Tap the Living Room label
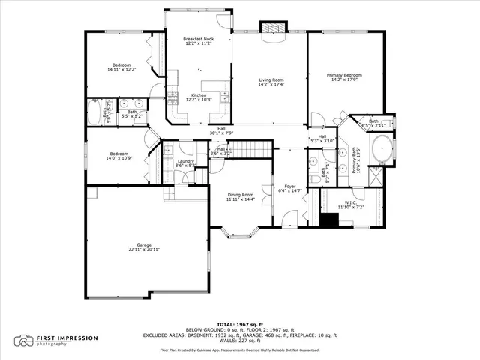tap(271, 79)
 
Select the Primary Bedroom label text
tap(344, 75)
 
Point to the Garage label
tap(143, 245)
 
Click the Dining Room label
tap(241, 196)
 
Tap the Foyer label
tap(289, 187)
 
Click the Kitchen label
tap(199, 95)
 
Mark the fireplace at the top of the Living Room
tap(271, 27)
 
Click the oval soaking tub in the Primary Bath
tap(382, 148)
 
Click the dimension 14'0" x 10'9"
tap(118, 159)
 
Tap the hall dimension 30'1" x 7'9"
tap(221, 133)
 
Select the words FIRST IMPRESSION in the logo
tap(67, 337)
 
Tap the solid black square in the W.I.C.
tap(328, 220)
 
